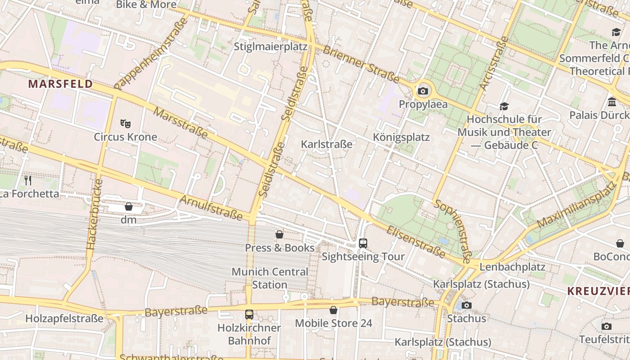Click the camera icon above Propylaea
pos(423,91)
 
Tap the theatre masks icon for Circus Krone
pos(126,123)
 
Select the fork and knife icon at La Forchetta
pos(28,180)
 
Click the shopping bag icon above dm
pos(129,207)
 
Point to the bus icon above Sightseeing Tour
pos(363,243)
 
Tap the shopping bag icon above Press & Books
pos(279,234)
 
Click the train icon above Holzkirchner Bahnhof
pos(249,315)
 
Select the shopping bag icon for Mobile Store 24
pos(333,310)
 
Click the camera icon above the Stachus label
pos(467,305)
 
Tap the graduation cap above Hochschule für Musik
pos(504,106)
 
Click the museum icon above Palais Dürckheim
pos(612,102)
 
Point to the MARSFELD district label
pos(60,84)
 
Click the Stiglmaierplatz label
pos(270,47)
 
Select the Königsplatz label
pos(401,137)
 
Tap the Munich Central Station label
pos(270,278)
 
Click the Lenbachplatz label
pos(512,267)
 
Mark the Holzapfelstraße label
pos(64,319)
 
